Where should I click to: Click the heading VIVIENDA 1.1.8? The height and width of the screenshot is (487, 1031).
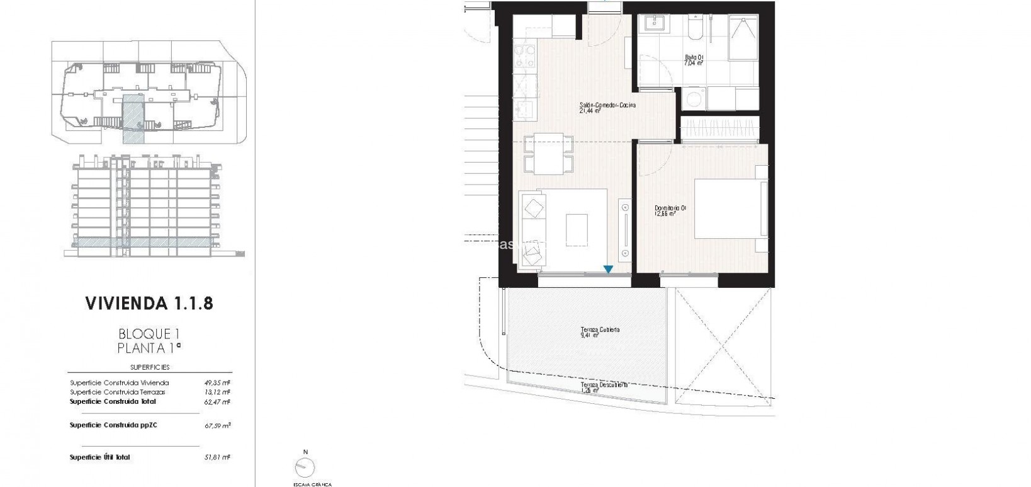click(x=149, y=304)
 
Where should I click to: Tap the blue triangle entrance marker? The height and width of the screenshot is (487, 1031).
click(x=608, y=270)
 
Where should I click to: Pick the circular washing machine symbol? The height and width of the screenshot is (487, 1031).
click(x=692, y=100)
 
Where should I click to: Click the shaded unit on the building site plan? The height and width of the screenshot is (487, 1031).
click(x=133, y=117)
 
